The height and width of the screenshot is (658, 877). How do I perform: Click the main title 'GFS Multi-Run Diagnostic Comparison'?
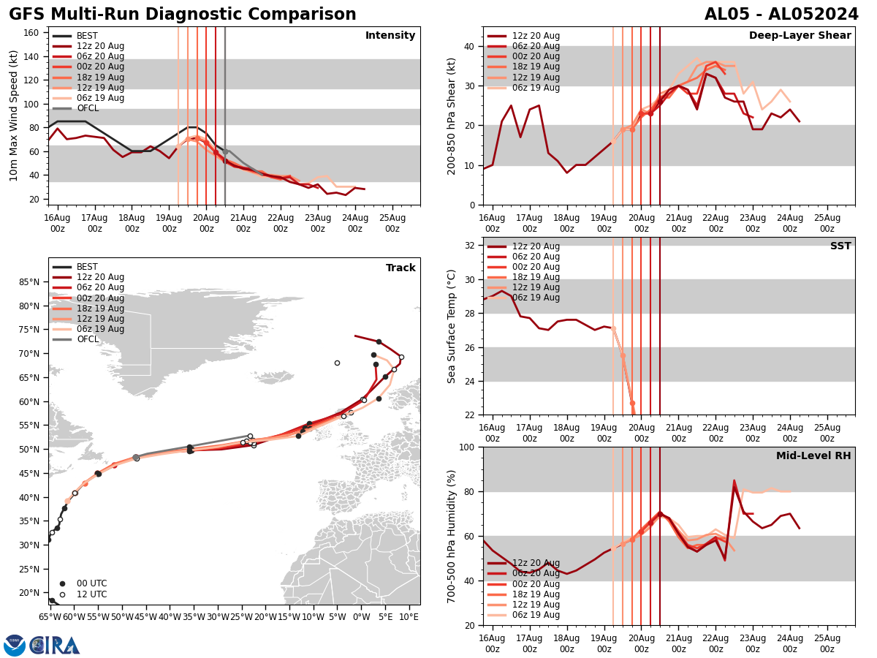point(183,15)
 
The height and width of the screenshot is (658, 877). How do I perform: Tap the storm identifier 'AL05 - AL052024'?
point(781,15)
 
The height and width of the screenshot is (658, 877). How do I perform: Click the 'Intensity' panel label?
point(390,36)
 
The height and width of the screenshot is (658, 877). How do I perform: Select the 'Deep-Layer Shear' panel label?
point(800,36)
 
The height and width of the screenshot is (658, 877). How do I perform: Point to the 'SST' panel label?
point(840,246)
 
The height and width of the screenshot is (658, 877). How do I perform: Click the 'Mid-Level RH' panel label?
point(813,456)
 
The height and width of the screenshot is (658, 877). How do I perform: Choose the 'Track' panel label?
point(400,268)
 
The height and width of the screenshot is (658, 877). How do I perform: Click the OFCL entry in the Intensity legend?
point(88,108)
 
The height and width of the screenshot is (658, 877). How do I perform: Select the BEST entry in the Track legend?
point(87,267)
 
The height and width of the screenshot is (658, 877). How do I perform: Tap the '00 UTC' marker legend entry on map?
point(91,583)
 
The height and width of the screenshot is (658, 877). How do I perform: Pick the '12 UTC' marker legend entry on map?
point(91,594)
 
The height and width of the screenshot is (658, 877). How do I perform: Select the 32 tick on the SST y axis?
point(470,245)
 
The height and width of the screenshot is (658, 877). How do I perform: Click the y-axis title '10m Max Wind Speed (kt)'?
point(14,116)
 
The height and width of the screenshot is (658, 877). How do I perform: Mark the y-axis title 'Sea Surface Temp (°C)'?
point(452,326)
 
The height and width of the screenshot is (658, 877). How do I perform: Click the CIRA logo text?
point(55,646)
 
